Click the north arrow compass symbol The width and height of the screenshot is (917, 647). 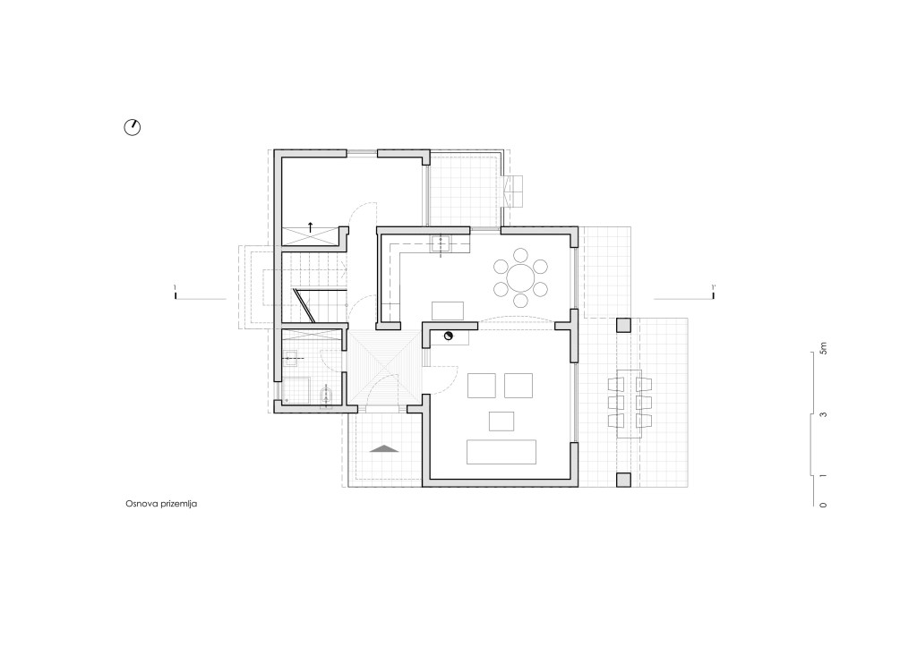tap(133, 127)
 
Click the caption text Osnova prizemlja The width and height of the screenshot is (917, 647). tap(161, 503)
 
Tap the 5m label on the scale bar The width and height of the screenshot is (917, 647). tap(824, 348)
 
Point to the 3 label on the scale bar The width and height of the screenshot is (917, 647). tap(824, 414)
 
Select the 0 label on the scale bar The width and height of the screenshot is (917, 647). tap(824, 505)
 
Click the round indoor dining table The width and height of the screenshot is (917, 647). tap(520, 277)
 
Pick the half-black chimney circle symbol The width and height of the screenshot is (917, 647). tap(449, 336)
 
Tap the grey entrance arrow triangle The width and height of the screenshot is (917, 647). tap(384, 448)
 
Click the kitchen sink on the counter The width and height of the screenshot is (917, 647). tap(440, 243)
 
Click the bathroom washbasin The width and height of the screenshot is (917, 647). tap(290, 358)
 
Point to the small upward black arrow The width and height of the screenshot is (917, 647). tap(310, 226)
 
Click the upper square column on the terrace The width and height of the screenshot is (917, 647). tap(623, 325)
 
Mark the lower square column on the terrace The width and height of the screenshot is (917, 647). tap(623, 480)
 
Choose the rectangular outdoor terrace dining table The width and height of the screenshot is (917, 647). tap(630, 404)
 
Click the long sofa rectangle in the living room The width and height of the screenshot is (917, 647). tap(501, 452)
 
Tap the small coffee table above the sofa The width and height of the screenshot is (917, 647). tap(501, 421)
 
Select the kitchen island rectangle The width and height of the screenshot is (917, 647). tap(448, 311)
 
